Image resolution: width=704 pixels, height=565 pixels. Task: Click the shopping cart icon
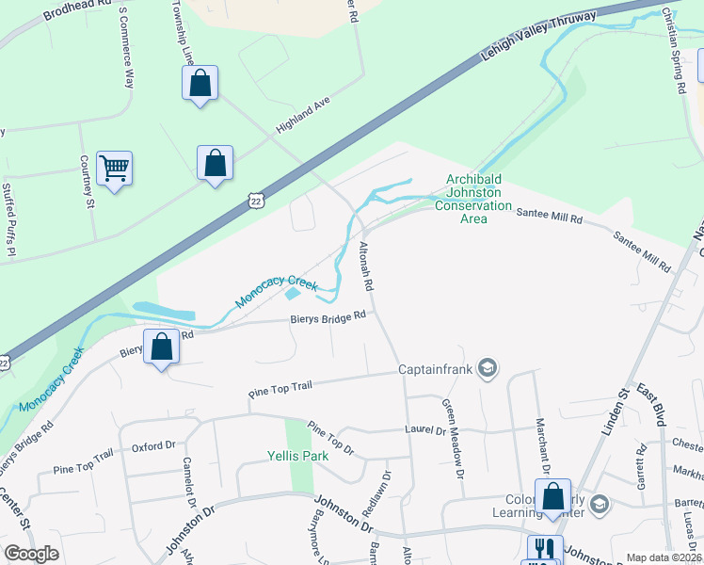(x=114, y=169)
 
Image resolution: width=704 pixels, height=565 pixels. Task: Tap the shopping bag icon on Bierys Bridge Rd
(x=162, y=347)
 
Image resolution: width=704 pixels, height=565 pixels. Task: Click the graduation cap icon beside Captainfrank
(x=488, y=366)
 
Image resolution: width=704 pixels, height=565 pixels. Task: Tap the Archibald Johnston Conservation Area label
(x=479, y=200)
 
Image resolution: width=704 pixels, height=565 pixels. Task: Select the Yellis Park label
(x=296, y=458)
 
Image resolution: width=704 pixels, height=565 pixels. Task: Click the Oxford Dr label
(x=153, y=446)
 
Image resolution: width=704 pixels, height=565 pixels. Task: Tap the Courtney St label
(x=88, y=182)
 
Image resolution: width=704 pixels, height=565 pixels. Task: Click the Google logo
(x=31, y=554)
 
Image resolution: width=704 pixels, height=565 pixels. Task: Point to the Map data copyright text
(x=664, y=557)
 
